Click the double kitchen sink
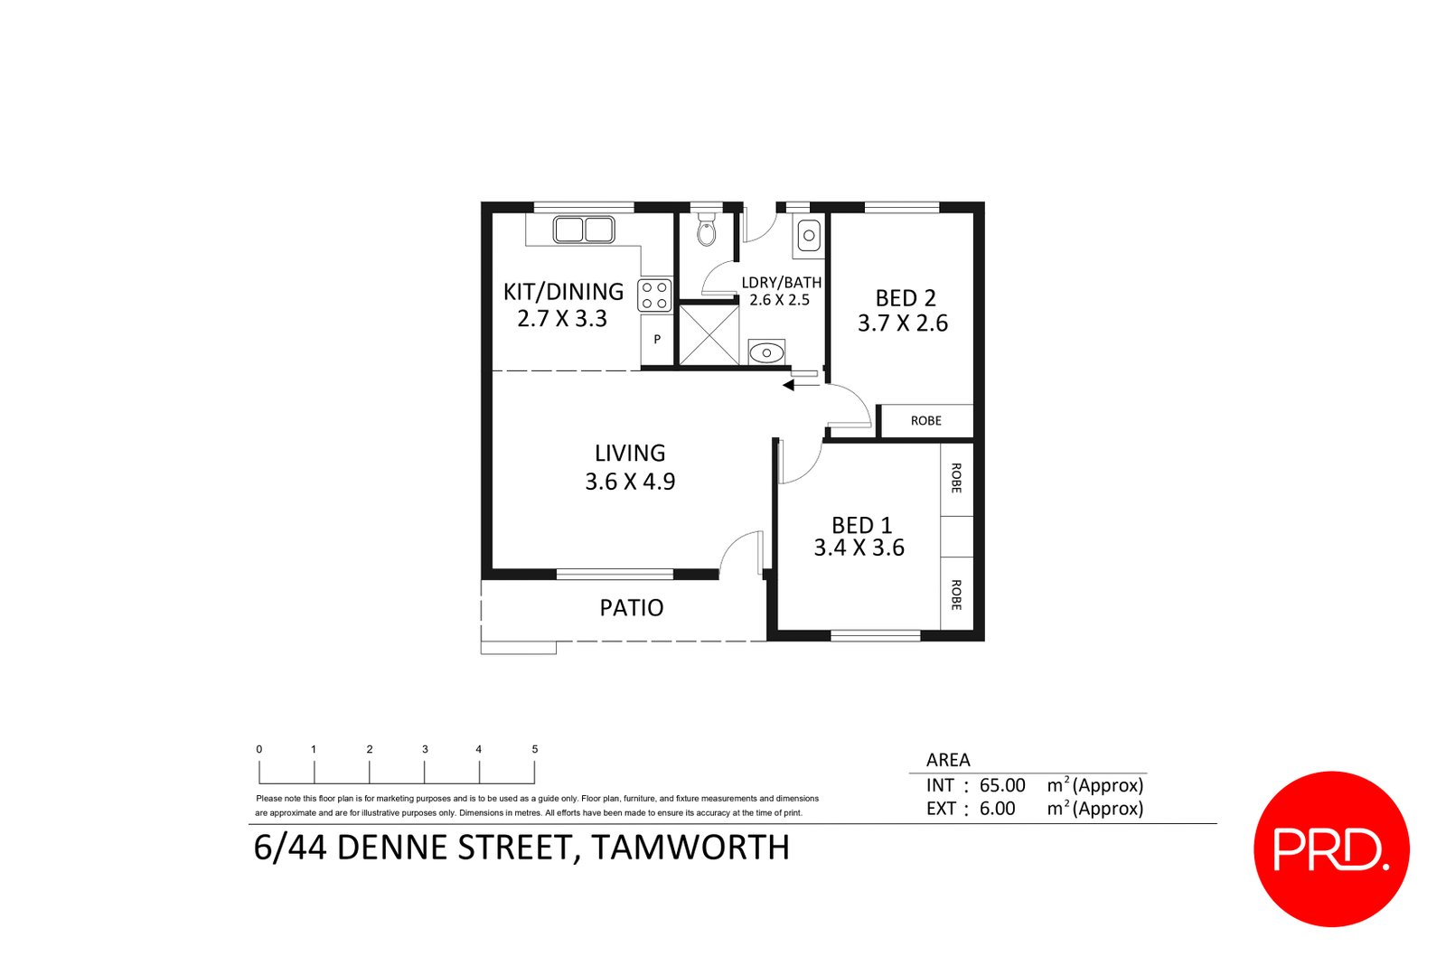pyautogui.click(x=583, y=230)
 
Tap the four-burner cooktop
pyautogui.click(x=655, y=295)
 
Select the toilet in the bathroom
pyautogui.click(x=706, y=232)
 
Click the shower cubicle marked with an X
pyautogui.click(x=709, y=335)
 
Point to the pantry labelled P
pyautogui.click(x=657, y=340)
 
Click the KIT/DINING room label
pyautogui.click(x=563, y=291)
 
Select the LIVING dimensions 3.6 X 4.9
pyautogui.click(x=630, y=482)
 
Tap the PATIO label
pyautogui.click(x=632, y=608)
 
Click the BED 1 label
pyautogui.click(x=861, y=525)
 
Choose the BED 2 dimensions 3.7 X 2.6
pyautogui.click(x=903, y=323)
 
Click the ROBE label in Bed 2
pyautogui.click(x=925, y=421)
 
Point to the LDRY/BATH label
pyautogui.click(x=781, y=283)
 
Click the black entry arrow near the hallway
pyautogui.click(x=789, y=386)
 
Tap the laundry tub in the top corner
pyautogui.click(x=808, y=236)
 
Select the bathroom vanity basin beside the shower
pyautogui.click(x=766, y=352)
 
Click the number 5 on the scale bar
pyautogui.click(x=535, y=749)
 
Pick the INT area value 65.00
pyautogui.click(x=1002, y=786)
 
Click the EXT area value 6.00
pyautogui.click(x=997, y=809)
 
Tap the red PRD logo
pyautogui.click(x=1330, y=848)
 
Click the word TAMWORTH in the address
pyautogui.click(x=690, y=848)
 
